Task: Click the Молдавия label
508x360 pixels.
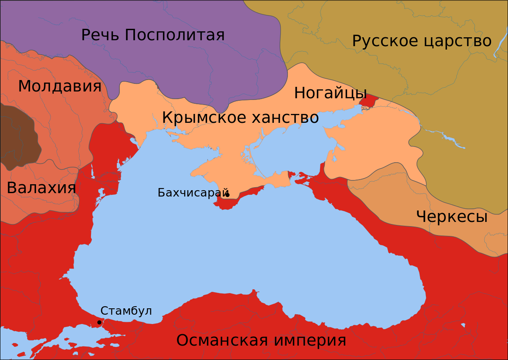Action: pos(60,86)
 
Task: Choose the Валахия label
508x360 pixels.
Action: pos(41,188)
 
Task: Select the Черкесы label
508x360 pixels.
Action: pos(452,217)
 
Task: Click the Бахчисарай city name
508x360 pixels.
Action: pos(193,193)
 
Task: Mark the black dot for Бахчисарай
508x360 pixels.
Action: pos(227,195)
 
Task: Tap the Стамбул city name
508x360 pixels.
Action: pos(126,311)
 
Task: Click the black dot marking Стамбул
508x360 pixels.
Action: pos(99,322)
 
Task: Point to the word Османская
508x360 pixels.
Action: pos(220,340)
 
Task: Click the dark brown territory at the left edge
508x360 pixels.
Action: pos(17,136)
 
